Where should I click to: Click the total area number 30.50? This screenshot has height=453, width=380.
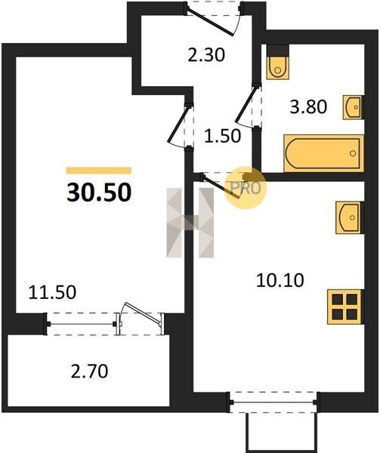[x=99, y=193]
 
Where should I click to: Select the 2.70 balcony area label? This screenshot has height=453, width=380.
[x=89, y=371]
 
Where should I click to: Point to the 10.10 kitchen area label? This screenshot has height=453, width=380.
[x=280, y=280]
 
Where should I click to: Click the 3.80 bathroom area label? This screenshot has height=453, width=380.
[x=309, y=106]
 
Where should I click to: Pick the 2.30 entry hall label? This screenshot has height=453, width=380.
[x=206, y=55]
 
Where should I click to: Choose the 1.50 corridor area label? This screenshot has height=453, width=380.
[x=222, y=136]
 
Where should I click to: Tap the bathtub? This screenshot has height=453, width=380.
[x=323, y=153]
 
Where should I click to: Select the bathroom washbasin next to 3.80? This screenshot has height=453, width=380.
[x=352, y=107]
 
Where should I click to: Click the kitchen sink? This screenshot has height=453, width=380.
[x=348, y=217]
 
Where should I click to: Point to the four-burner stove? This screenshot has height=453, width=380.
[x=344, y=307]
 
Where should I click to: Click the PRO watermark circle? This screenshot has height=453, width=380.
[x=245, y=188]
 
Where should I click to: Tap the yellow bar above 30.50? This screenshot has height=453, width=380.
[x=99, y=171]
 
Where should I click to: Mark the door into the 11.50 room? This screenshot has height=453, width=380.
[x=179, y=125]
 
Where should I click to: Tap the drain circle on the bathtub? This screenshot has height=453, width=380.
[x=353, y=153]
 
